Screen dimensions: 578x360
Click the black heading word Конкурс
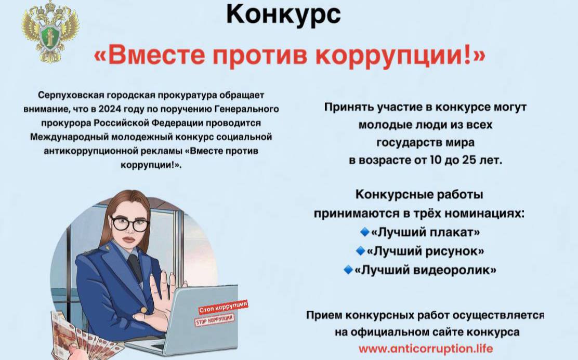[x=283, y=14]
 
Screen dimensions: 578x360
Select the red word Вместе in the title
[x=156, y=55]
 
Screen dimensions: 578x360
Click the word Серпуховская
[x=71, y=95]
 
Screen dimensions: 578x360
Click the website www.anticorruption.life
[x=425, y=348]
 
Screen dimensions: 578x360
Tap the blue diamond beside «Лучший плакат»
[x=364, y=232]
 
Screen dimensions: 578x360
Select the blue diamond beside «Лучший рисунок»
[x=360, y=251]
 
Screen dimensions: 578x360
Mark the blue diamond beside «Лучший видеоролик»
[x=348, y=270]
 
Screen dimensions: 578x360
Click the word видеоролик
[x=452, y=270]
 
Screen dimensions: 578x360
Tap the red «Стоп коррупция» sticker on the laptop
[x=222, y=307]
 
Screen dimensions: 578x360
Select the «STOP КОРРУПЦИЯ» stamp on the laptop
[x=215, y=319]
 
